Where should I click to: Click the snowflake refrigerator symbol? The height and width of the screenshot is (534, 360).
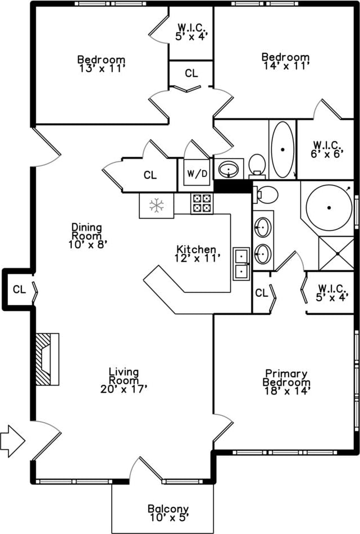[156, 206]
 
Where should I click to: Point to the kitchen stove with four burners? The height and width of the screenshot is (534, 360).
[202, 203]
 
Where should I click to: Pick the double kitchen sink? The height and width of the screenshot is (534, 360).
[242, 264]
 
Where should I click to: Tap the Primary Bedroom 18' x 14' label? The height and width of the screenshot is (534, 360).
[286, 382]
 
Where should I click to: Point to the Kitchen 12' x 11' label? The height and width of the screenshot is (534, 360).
[196, 253]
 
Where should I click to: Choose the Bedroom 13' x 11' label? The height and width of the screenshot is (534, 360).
[101, 64]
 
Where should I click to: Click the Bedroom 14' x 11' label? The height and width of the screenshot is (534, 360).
[285, 61]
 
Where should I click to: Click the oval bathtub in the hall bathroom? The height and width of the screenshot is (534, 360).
[282, 149]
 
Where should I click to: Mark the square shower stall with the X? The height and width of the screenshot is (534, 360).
[336, 254]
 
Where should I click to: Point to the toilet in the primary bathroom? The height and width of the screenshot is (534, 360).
[266, 194]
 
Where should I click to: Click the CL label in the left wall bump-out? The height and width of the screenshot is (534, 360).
[19, 289]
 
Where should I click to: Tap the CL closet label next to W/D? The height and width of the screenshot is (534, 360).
[150, 175]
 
